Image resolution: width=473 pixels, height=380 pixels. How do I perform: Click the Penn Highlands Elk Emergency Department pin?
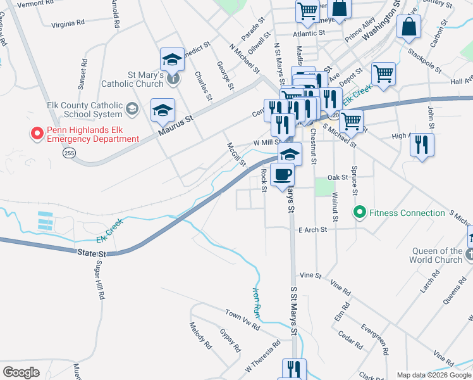pos(37,134)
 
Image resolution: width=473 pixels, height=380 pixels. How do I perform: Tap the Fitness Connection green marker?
pos(360,213)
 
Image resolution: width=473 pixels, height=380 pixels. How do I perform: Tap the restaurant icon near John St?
pos(421,144)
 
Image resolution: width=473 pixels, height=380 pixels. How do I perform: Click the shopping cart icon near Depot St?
pos(383,73)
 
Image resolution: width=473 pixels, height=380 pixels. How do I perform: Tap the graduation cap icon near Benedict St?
pos(171,59)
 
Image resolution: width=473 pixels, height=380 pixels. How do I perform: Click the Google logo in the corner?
pos(21,372)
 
